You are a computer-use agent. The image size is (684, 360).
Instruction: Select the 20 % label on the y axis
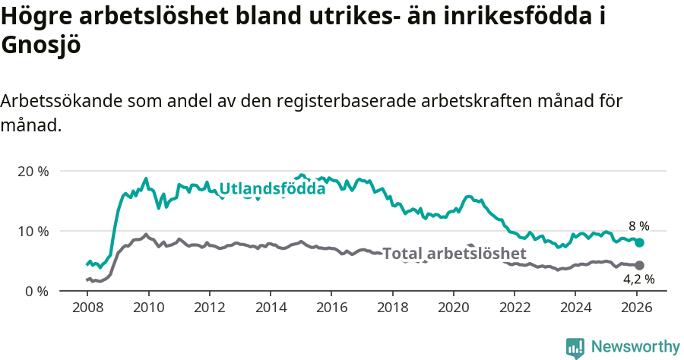pos(33,171)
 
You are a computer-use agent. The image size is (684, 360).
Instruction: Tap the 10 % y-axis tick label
pos(33,231)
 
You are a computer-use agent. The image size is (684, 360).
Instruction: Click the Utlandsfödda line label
pos(272,189)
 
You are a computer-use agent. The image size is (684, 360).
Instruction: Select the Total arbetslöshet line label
pos(454,254)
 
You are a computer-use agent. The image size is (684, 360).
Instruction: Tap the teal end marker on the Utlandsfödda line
pos(640,242)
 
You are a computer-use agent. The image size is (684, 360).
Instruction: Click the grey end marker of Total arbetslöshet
pos(640,265)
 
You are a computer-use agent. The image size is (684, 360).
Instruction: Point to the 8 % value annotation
pos(638,226)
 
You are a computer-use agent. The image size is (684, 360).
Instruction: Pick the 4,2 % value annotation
pos(638,279)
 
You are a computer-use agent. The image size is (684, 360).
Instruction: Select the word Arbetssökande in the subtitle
pos(61,101)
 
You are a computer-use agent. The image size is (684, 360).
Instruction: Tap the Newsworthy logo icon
pos(575,347)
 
